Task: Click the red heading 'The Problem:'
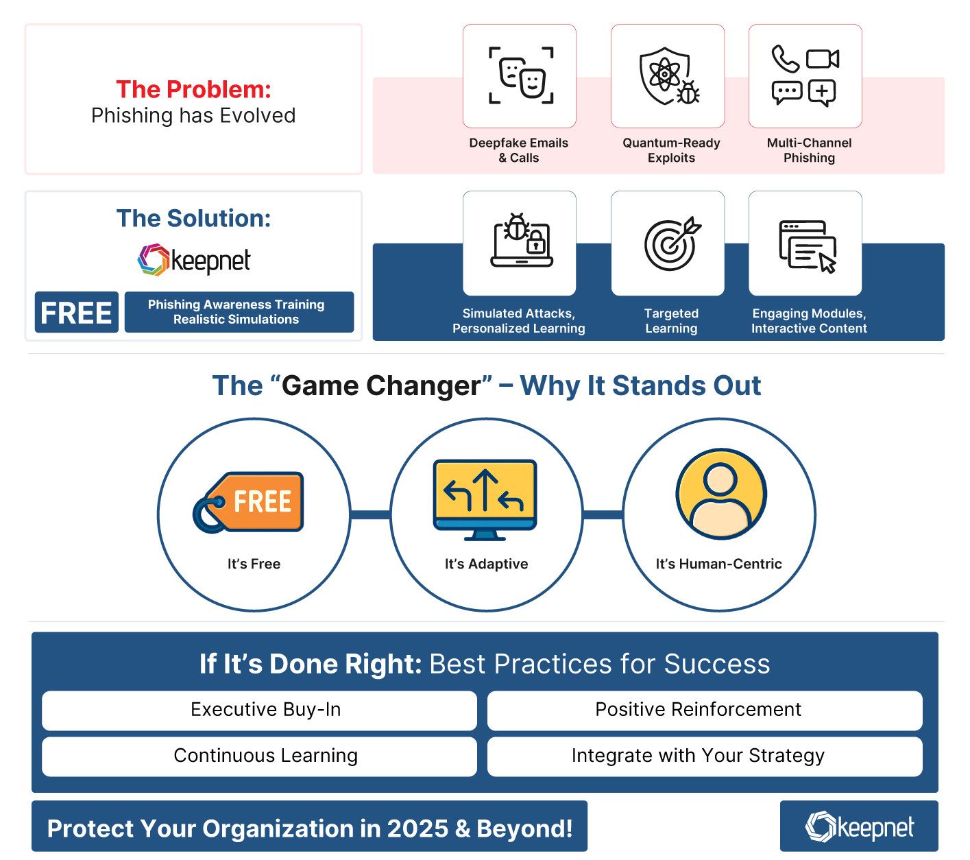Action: click(x=193, y=89)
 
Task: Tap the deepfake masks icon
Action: click(x=520, y=75)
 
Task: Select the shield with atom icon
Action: click(x=668, y=75)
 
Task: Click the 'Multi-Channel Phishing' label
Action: click(x=809, y=150)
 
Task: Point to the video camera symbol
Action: click(x=823, y=59)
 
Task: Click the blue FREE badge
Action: click(x=76, y=313)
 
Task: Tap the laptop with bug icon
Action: click(x=521, y=241)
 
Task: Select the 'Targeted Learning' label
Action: click(x=671, y=320)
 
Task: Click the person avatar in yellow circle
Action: click(x=720, y=494)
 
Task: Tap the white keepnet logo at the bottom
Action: click(x=859, y=826)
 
